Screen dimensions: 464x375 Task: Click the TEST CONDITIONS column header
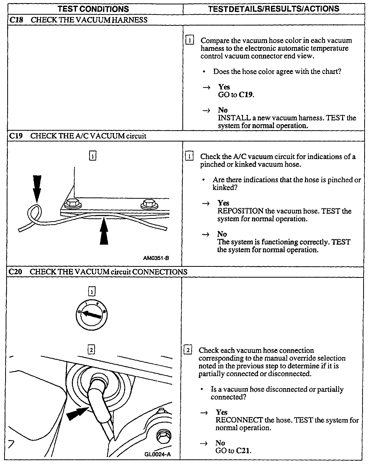click(x=93, y=9)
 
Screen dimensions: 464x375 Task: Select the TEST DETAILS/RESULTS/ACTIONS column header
click(x=274, y=9)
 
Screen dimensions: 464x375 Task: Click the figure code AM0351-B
click(x=156, y=258)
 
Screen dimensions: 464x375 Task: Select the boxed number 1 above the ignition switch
click(x=92, y=292)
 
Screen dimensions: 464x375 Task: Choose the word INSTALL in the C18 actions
click(x=234, y=118)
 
